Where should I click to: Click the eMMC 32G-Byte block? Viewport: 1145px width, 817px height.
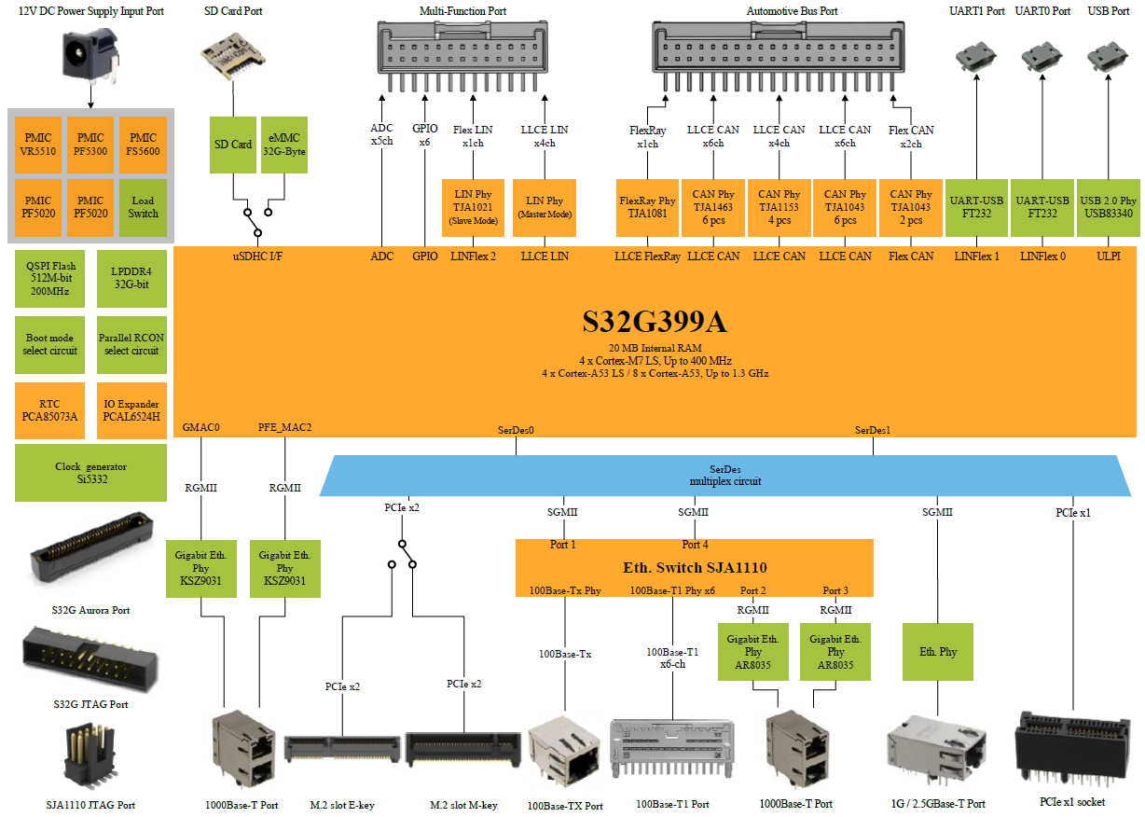[x=283, y=144]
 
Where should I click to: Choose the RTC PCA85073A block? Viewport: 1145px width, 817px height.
[x=50, y=410]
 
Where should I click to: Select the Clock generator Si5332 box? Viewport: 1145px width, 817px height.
[x=90, y=473]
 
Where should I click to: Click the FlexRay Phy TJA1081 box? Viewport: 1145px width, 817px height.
[x=647, y=207]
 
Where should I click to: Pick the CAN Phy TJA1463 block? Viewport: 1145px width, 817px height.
[x=713, y=207]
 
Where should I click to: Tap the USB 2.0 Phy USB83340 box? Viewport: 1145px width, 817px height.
[x=1108, y=207]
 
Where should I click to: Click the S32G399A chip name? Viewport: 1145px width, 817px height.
[x=654, y=323]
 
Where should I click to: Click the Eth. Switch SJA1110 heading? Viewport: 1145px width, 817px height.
[x=694, y=567]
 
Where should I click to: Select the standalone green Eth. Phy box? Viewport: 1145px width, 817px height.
[x=938, y=652]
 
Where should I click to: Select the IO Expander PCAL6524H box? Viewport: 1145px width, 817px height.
[x=131, y=410]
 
